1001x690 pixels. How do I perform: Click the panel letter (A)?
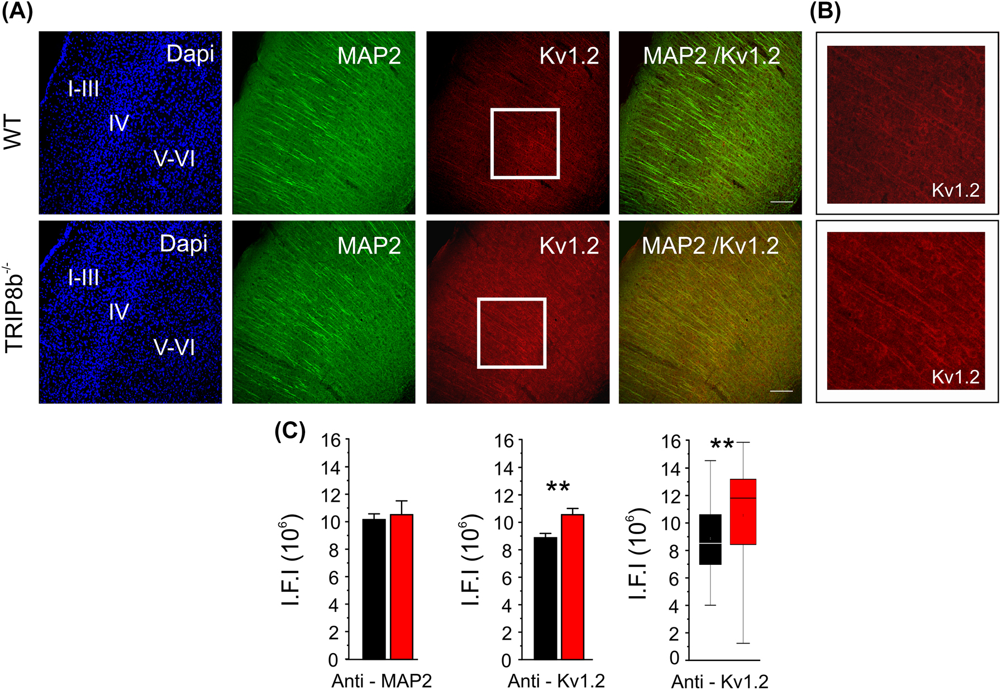(17, 12)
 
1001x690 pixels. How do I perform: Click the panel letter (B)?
(825, 12)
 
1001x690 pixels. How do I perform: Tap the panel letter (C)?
(290, 431)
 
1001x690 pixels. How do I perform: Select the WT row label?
(13, 133)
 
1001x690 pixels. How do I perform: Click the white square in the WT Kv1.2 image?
(525, 111)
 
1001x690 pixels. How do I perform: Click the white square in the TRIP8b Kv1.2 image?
(512, 301)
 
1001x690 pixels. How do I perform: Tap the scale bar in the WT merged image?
(781, 201)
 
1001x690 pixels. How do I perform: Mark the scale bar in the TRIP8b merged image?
(781, 391)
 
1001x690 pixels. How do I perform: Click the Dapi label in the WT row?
(190, 54)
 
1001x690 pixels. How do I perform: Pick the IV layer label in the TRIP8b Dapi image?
(119, 312)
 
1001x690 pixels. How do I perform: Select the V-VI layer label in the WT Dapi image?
(174, 159)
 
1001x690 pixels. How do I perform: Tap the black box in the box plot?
(710, 539)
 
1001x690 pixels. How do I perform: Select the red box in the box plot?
(743, 511)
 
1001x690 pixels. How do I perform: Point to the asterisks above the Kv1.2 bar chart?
(558, 486)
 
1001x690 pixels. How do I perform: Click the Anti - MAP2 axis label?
(382, 681)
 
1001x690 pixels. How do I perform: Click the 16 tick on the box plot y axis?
(671, 441)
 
